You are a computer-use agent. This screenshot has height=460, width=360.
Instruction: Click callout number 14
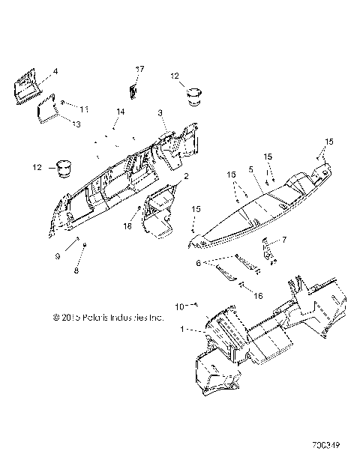(x=118, y=112)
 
